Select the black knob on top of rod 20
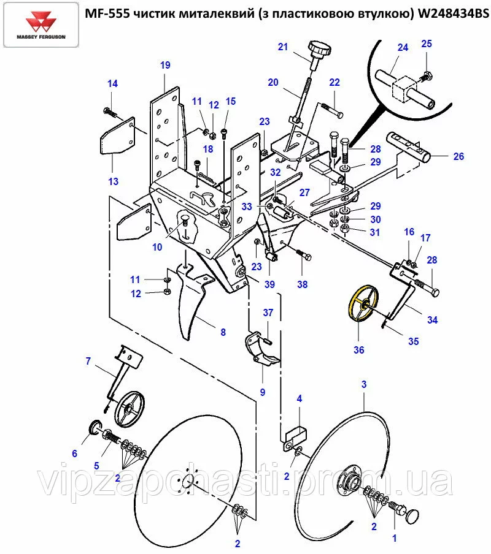pyautogui.click(x=318, y=48)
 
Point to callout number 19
pyautogui.click(x=165, y=65)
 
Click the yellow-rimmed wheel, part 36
pyautogui.click(x=363, y=304)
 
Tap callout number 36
pyautogui.click(x=358, y=351)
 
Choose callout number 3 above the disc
pyautogui.click(x=364, y=385)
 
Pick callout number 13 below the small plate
pyautogui.click(x=112, y=181)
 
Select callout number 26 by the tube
pyautogui.click(x=458, y=156)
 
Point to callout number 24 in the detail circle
pyautogui.click(x=403, y=47)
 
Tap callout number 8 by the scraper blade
pyautogui.click(x=223, y=332)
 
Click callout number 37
pyautogui.click(x=268, y=313)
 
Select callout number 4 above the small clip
pyautogui.click(x=300, y=399)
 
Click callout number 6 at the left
pyautogui.click(x=75, y=453)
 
